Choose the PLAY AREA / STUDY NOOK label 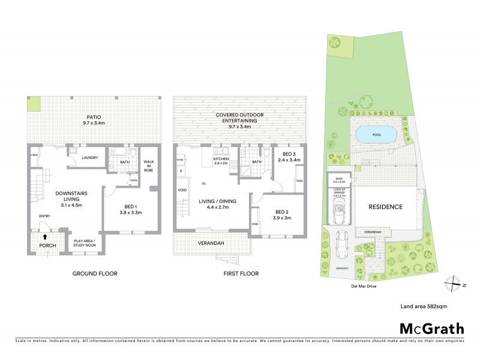pyautogui.click(x=88, y=242)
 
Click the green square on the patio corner pyautogui.click(x=34, y=104)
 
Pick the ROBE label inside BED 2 pyautogui.click(x=256, y=223)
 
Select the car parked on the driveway pyautogui.click(x=343, y=242)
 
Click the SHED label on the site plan pyautogui.click(x=339, y=178)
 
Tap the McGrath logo pyautogui.click(x=431, y=328)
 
